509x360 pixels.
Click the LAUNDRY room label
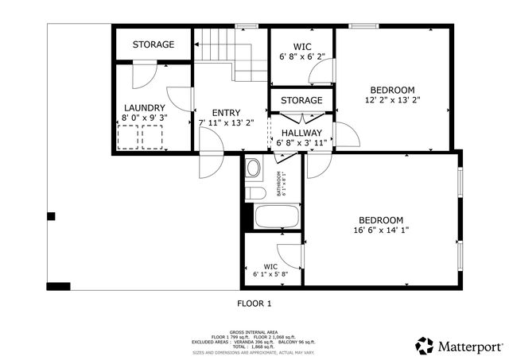pos(144,108)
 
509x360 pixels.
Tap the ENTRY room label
pos(226,113)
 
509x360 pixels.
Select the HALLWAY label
pos(301,133)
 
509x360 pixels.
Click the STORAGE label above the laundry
pos(153,45)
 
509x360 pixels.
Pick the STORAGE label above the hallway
pos(301,100)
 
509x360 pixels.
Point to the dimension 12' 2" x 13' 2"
pos(392,100)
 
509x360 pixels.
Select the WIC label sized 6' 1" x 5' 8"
pos(270,266)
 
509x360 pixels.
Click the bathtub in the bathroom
pos(276,217)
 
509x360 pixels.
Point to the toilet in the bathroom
pos(254,193)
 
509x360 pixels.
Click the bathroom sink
pos(253,168)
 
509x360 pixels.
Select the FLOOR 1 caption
pos(254,303)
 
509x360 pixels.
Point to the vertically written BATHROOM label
pos(280,184)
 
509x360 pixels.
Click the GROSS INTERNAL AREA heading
pos(254,331)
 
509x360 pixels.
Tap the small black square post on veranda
pos(51,215)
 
